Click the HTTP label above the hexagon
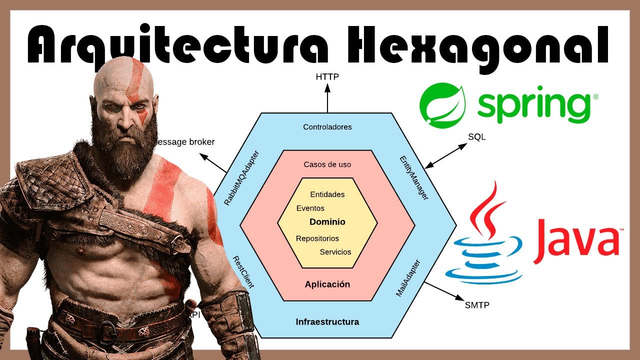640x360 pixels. (x=327, y=77)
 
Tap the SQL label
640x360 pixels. (x=476, y=136)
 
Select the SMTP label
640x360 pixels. (x=477, y=304)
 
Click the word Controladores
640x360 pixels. (x=327, y=127)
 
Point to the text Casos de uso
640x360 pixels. (x=327, y=164)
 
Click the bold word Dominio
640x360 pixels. (x=327, y=222)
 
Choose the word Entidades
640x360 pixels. (x=327, y=194)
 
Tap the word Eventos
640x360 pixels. (x=310, y=208)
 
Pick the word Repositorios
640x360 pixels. (x=317, y=238)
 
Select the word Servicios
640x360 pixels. (x=335, y=252)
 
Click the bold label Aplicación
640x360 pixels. (x=327, y=284)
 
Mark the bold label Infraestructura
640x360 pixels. (x=327, y=321)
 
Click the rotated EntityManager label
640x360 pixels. (x=414, y=178)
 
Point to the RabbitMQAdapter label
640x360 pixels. (x=241, y=178)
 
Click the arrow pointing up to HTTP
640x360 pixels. (x=327, y=98)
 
